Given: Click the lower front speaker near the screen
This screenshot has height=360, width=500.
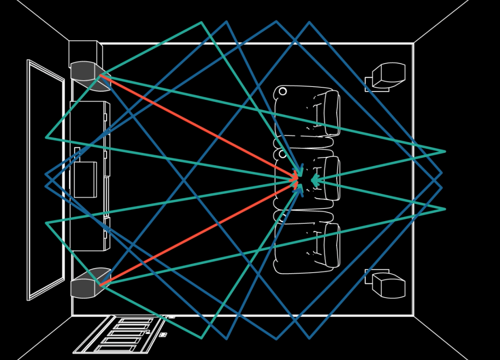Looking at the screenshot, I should (88, 284).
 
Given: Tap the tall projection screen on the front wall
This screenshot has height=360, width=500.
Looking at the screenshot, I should (46, 180).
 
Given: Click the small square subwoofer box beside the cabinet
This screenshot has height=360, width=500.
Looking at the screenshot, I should (85, 179).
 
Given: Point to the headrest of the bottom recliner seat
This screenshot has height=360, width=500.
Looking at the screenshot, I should (332, 244).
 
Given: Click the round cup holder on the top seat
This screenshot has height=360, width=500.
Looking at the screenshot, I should (283, 91).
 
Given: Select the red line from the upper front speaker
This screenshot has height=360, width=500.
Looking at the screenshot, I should (196, 125).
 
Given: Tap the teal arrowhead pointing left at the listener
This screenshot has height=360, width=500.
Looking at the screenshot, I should (314, 181).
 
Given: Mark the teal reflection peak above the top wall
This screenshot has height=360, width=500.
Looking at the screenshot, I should (201, 23).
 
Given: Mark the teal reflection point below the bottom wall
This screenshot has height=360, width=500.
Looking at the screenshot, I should (201, 338).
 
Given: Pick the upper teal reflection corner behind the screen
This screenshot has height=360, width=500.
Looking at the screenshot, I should (46, 137).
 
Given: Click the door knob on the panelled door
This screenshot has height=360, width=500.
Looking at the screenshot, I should (148, 332).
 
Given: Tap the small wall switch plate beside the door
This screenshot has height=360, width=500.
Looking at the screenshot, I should (163, 335).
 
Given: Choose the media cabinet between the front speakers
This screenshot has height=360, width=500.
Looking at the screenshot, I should (90, 137).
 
